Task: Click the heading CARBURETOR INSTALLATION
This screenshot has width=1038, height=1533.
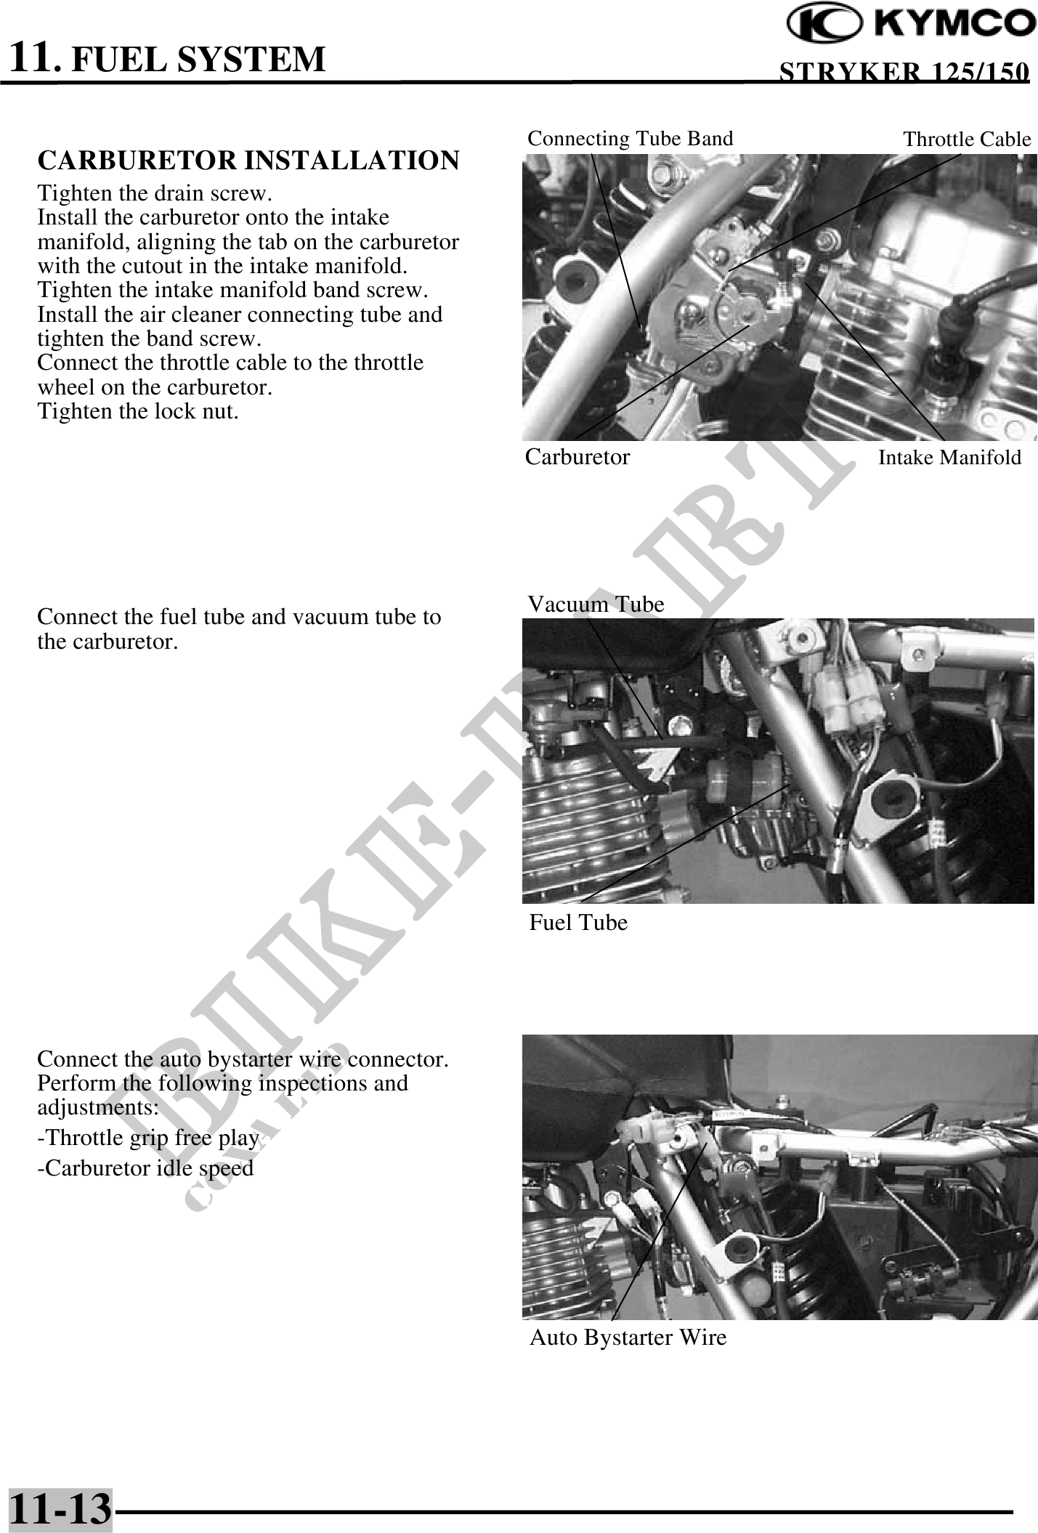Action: tap(248, 161)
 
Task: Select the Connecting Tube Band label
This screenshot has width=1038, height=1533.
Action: tap(630, 138)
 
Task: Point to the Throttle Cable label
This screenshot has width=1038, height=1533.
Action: tap(967, 139)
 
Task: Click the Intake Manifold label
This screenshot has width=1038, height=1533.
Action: tap(949, 457)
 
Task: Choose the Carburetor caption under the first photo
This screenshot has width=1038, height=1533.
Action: tap(577, 456)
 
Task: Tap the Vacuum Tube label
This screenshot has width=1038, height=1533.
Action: tap(596, 604)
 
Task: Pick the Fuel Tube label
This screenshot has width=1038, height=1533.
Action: tap(578, 922)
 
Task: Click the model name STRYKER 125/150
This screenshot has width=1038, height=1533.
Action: tap(904, 72)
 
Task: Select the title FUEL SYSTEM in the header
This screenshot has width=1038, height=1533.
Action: tap(198, 59)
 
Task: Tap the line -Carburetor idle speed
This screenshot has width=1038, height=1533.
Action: tap(145, 1168)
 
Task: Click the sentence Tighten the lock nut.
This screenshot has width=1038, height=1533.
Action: tap(138, 411)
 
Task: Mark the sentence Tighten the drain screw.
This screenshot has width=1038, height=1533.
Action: tap(155, 193)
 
